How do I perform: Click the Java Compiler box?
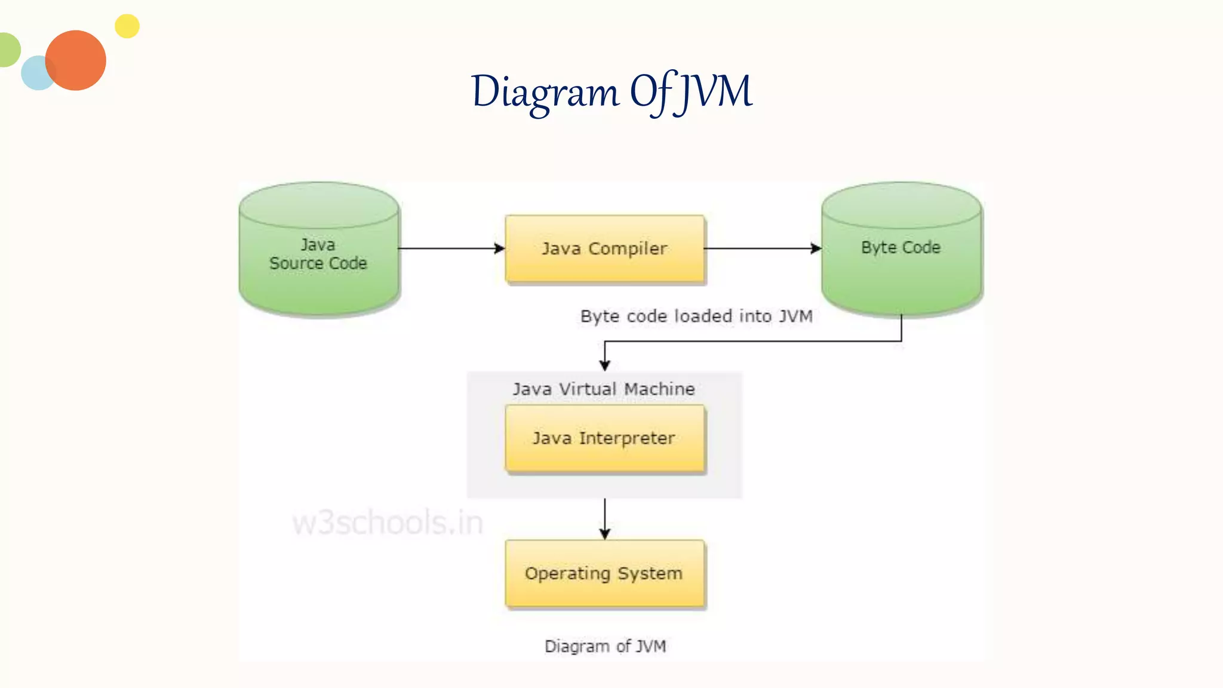pos(604,248)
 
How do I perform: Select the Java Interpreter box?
pos(604,438)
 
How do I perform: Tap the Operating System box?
pos(604,573)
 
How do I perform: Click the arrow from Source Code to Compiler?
pos(451,248)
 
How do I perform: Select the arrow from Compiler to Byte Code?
pos(762,248)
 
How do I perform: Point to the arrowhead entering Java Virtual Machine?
pos(604,365)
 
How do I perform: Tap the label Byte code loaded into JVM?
pos(696,316)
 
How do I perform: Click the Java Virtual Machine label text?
pos(604,389)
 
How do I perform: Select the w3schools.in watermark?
pos(387,523)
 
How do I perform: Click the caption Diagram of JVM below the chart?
pos(605,646)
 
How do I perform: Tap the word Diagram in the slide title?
pos(545,93)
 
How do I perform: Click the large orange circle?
pos(76,60)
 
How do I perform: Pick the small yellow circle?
pos(127,26)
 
